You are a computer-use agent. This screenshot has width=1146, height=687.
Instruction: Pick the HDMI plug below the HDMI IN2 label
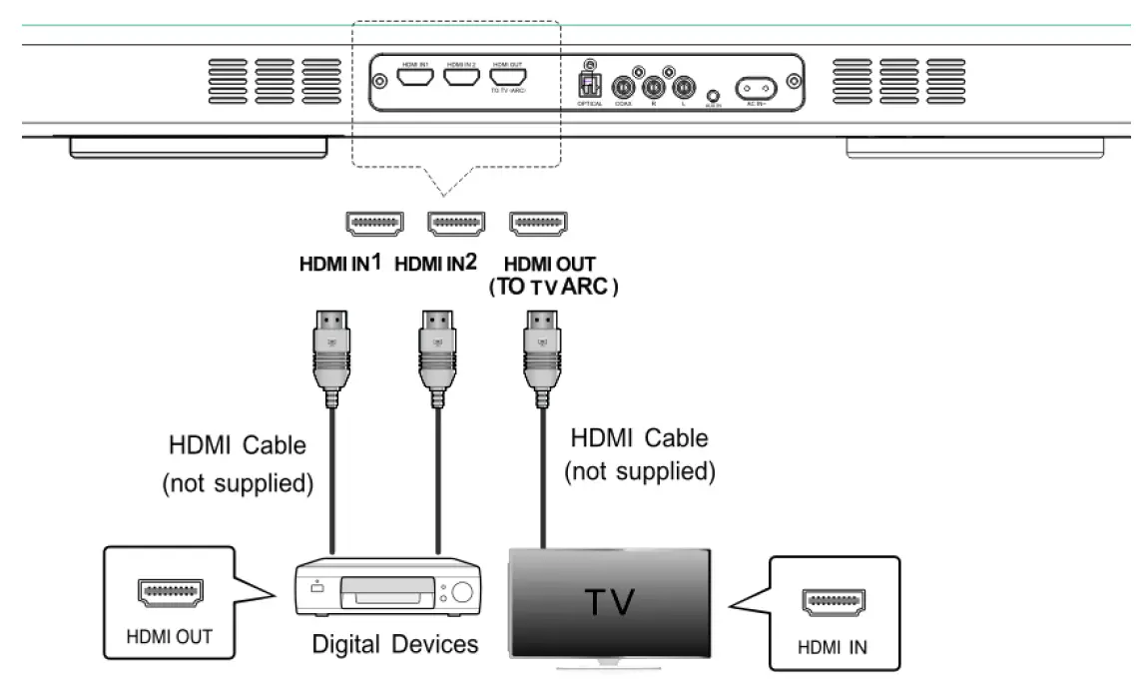point(436,350)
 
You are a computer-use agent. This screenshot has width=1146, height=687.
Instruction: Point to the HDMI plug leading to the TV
point(540,350)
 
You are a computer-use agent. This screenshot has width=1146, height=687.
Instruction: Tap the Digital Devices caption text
point(395,644)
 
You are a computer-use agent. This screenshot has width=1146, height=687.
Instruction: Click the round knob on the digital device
point(460,591)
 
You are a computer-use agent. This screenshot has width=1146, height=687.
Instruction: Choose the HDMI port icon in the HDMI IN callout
point(834,602)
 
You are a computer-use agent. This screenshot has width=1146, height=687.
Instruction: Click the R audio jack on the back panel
point(656,85)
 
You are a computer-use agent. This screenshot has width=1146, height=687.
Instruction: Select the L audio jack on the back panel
point(684,85)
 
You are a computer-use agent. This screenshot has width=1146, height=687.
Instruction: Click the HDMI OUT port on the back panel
point(508,76)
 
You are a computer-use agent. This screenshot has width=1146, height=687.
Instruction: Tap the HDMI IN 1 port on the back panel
point(415,76)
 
